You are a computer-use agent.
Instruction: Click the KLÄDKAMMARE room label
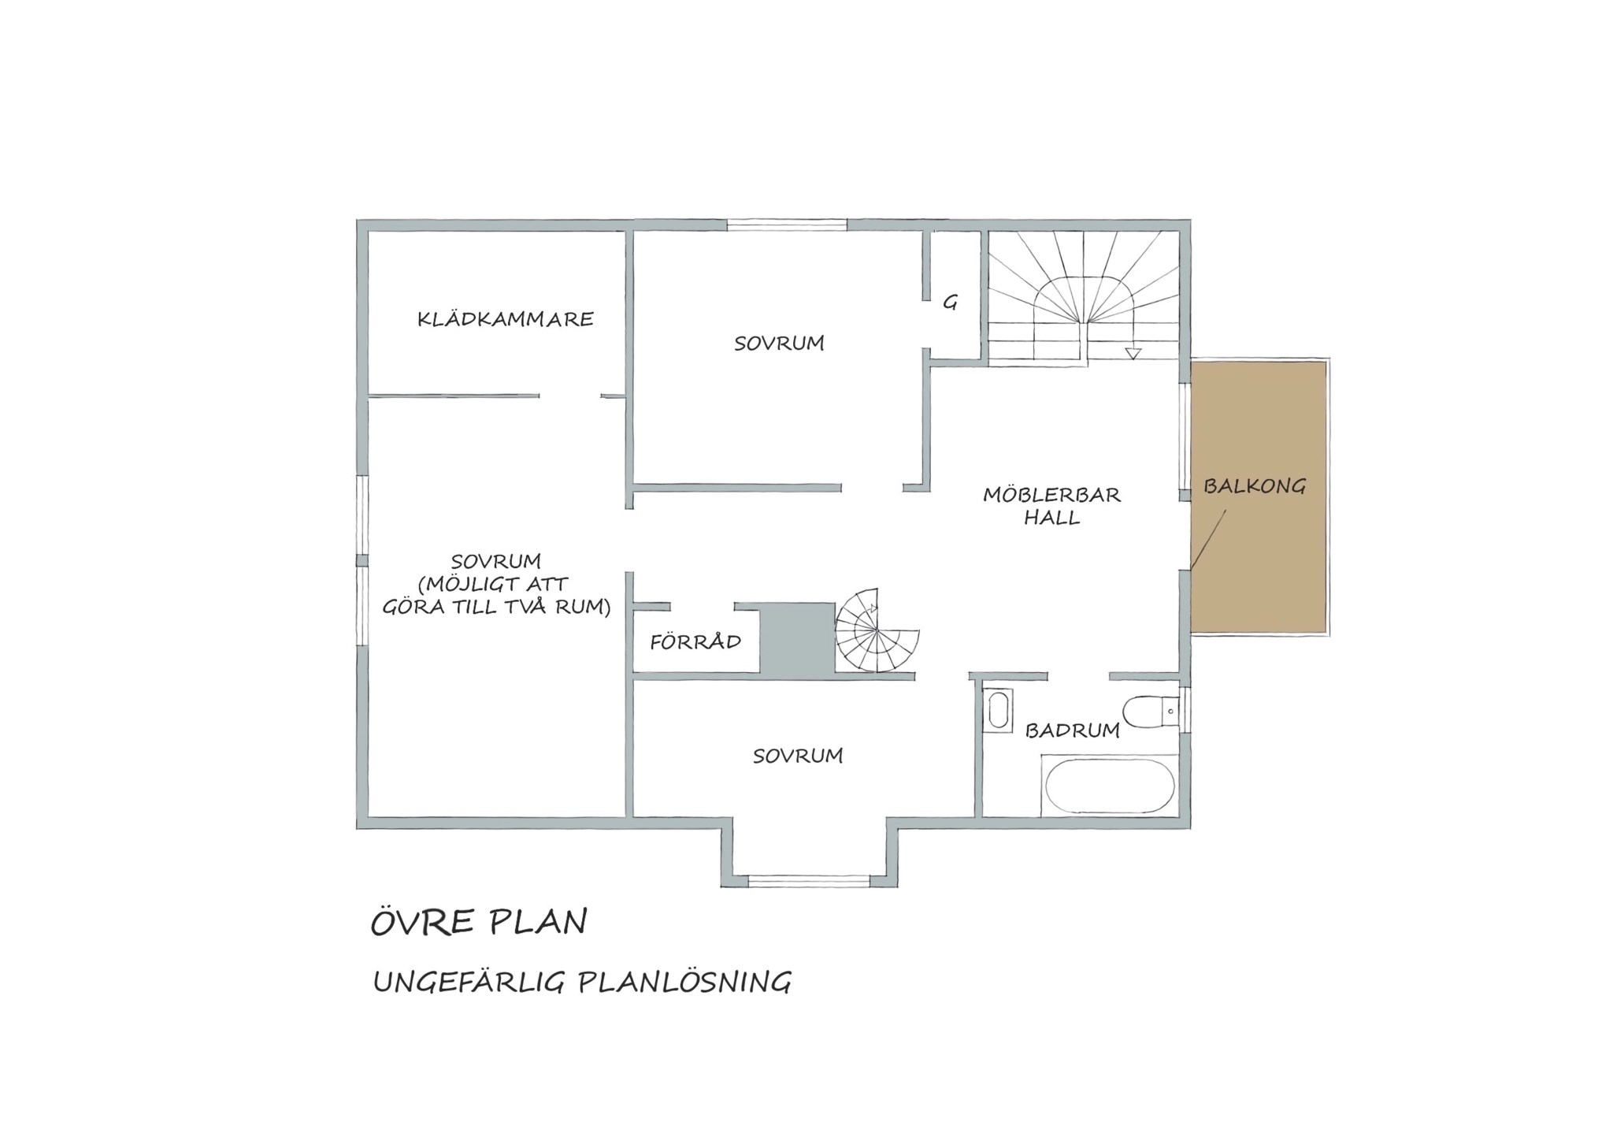(x=505, y=318)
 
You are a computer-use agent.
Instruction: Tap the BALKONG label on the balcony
(x=1254, y=486)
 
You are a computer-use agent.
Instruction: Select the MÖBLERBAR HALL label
(x=1051, y=506)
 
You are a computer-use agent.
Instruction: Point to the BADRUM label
(x=1072, y=730)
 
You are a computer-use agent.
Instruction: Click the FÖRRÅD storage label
(x=695, y=641)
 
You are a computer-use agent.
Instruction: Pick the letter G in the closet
(x=951, y=302)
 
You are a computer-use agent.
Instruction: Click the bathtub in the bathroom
(x=1110, y=786)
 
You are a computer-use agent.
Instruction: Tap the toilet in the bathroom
(x=1151, y=712)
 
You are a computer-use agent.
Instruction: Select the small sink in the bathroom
(x=999, y=708)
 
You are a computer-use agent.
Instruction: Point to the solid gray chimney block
(x=797, y=638)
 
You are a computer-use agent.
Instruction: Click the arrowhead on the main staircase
(x=1133, y=354)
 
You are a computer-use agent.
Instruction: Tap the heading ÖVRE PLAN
(x=479, y=922)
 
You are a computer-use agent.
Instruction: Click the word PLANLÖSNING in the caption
(x=684, y=983)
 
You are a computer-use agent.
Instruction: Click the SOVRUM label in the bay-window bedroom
(x=798, y=756)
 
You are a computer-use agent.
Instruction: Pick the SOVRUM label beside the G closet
(x=779, y=343)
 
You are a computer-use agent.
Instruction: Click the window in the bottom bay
(x=808, y=881)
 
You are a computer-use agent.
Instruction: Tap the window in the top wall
(x=787, y=225)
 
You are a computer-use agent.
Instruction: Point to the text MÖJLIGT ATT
(x=493, y=584)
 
